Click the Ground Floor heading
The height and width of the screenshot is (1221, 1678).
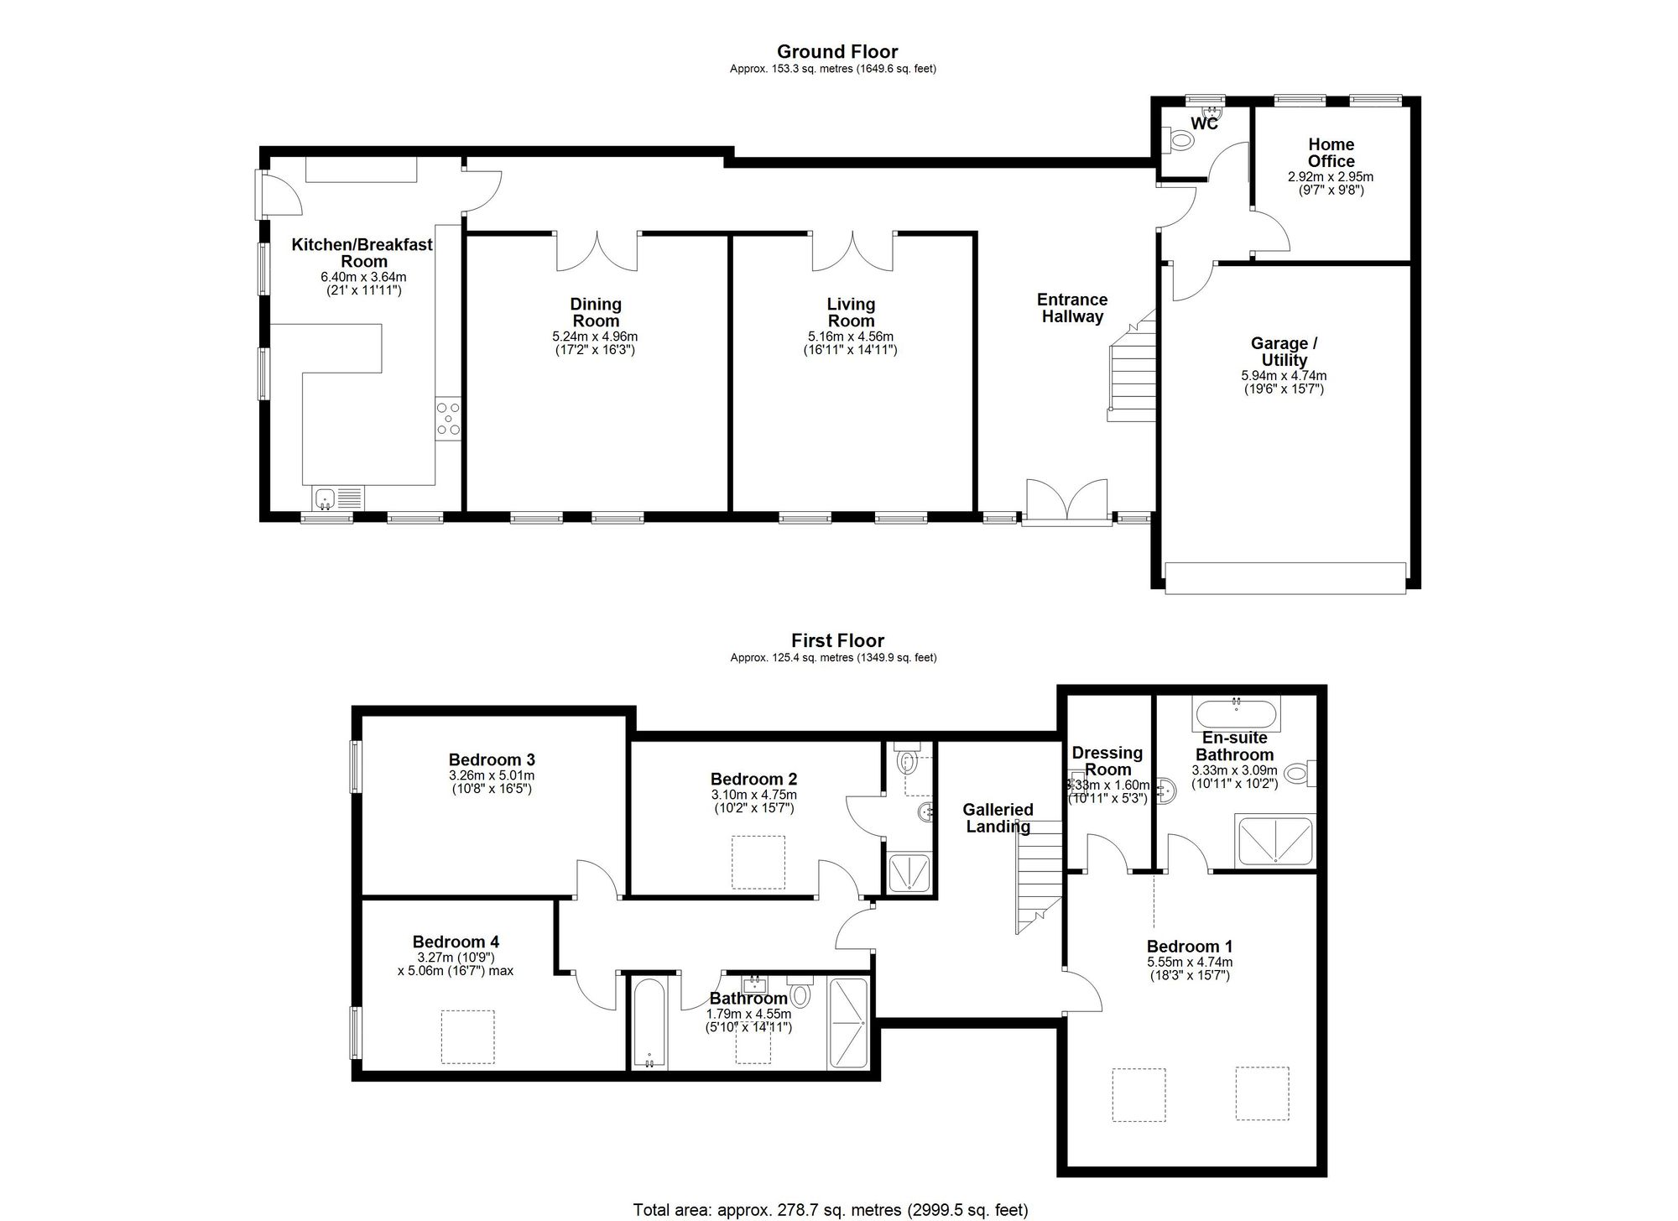(x=837, y=52)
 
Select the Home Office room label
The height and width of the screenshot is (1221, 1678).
(x=1331, y=153)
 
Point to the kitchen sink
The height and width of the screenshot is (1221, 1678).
(x=337, y=498)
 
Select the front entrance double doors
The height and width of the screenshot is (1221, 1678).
(x=1067, y=501)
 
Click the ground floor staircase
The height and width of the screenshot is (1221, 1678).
(x=1132, y=366)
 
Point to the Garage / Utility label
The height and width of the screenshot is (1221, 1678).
(x=1284, y=352)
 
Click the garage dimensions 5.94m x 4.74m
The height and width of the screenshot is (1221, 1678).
(x=1284, y=376)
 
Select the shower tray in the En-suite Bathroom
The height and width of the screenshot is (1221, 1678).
(x=1275, y=839)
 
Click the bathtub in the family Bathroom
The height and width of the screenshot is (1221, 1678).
(x=649, y=1024)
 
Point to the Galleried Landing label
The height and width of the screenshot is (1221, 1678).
(x=998, y=818)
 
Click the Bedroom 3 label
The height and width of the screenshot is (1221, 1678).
(x=492, y=760)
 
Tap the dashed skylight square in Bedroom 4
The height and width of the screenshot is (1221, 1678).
(x=467, y=1037)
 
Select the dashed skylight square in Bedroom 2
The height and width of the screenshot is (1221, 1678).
(x=758, y=862)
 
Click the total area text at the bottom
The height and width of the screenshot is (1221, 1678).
(x=831, y=1210)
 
